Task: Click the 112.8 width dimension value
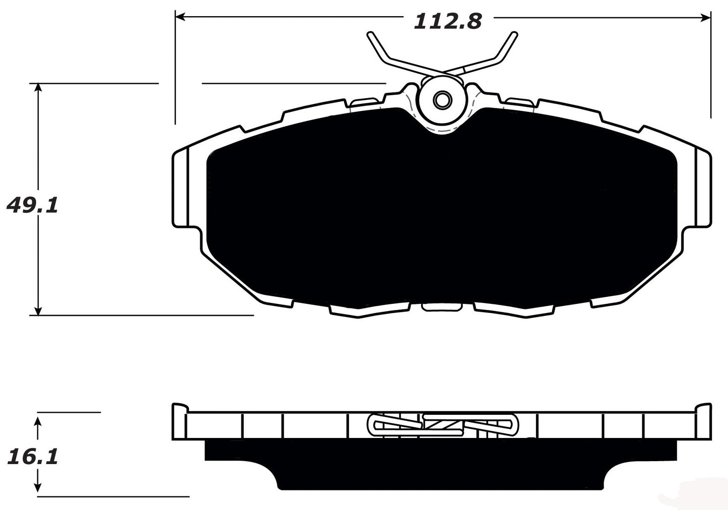[x=447, y=21]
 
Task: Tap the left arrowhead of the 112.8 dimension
[x=179, y=18]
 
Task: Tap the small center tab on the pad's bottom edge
[x=441, y=306]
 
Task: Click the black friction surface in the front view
[x=441, y=212]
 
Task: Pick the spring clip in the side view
[x=442, y=424]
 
